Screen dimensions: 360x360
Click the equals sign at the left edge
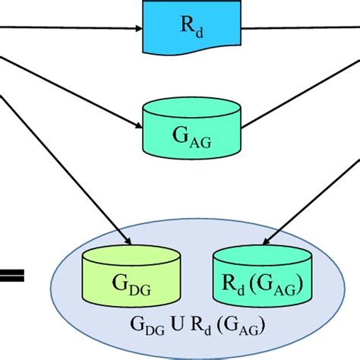[x=11, y=275]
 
